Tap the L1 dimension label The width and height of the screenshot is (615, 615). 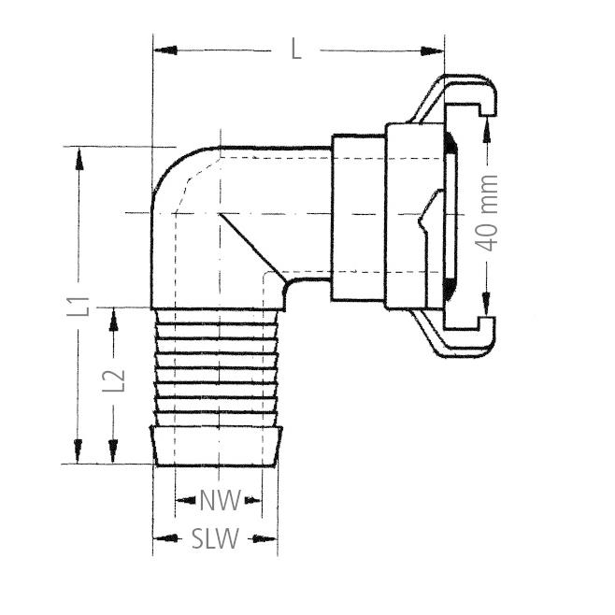[x=79, y=307]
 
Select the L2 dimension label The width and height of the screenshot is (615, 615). [x=114, y=380]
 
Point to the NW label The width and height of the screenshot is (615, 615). [x=220, y=500]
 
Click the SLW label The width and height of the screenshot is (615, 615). [x=215, y=538]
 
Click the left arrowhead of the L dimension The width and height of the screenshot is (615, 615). [x=165, y=50]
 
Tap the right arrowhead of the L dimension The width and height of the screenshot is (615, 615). [x=432, y=50]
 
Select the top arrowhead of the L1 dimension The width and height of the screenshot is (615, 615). [x=79, y=159]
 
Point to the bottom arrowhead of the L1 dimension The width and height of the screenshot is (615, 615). [x=79, y=451]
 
